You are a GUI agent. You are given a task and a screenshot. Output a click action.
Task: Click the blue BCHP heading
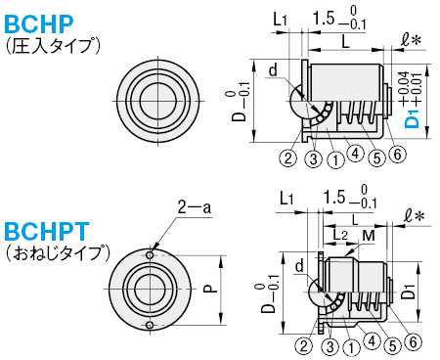pyautogui.click(x=39, y=24)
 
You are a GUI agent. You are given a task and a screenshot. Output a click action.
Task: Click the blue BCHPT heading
pyautogui.click(x=47, y=231)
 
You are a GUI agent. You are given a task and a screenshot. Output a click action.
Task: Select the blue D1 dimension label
pyautogui.click(x=412, y=119)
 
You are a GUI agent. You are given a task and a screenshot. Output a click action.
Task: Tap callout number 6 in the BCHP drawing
pyautogui.click(x=397, y=154)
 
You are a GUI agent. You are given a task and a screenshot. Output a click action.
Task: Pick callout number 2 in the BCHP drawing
pyautogui.click(x=288, y=158)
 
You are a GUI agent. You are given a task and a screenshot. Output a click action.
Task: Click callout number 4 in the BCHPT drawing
pyautogui.click(x=372, y=341)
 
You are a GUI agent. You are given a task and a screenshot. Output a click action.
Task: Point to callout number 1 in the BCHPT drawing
pyautogui.click(x=351, y=347)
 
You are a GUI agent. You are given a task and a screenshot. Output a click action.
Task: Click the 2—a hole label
pyautogui.click(x=194, y=206)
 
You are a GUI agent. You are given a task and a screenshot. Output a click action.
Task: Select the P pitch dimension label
pyautogui.click(x=211, y=289)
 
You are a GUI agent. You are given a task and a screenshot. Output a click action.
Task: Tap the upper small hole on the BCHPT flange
pyautogui.click(x=150, y=255)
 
